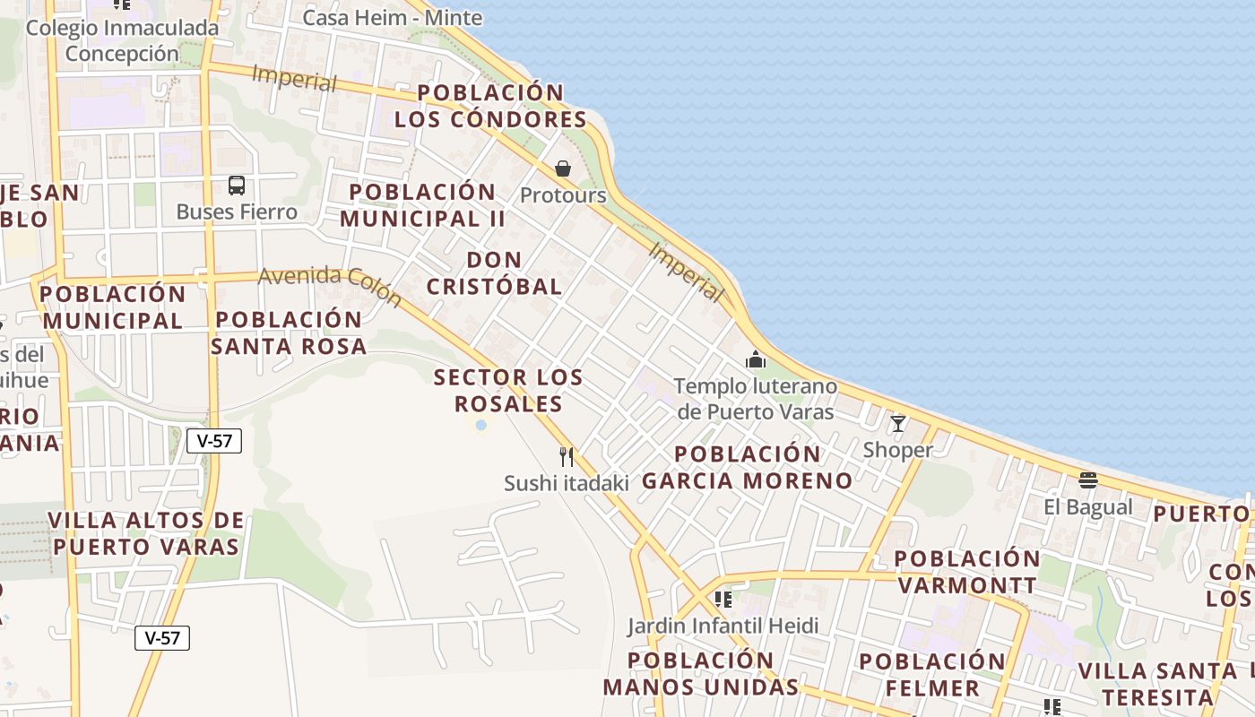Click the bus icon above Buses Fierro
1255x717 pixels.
point(237,186)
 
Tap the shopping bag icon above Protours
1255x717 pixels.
point(563,168)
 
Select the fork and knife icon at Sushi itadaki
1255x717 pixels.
point(567,457)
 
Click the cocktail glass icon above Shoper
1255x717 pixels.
point(897,423)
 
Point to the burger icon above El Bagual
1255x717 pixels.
point(1088,480)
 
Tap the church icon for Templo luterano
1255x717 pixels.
point(756,359)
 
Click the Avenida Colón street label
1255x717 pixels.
point(329,286)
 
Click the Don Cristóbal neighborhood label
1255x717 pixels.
point(494,273)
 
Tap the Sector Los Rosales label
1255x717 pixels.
point(508,390)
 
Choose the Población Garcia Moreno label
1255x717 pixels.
point(747,467)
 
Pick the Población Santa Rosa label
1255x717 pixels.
point(289,333)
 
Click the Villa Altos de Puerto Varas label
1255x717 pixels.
point(146,533)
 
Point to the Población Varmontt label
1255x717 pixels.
point(967,572)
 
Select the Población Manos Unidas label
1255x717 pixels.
point(700,674)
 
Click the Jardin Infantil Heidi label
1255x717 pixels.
point(723,626)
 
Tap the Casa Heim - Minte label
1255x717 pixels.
point(380,17)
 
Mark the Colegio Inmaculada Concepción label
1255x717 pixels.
point(122,40)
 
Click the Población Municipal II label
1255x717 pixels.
point(422,205)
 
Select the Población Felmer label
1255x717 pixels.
point(932,675)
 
